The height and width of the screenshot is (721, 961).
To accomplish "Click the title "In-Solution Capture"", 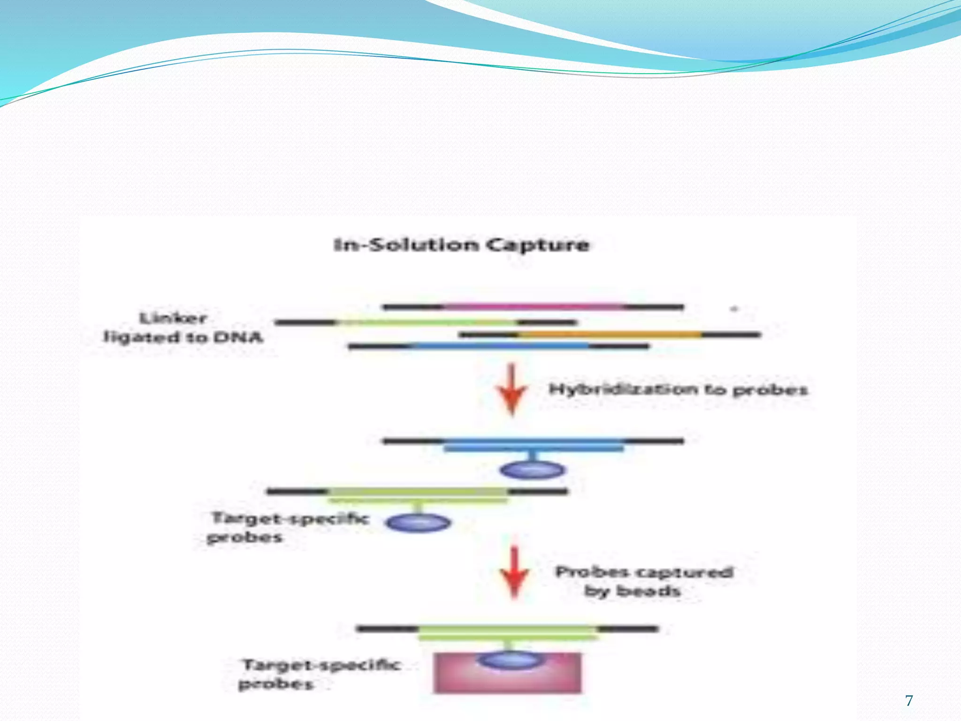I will [461, 245].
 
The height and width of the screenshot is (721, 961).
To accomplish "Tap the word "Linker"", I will [174, 318].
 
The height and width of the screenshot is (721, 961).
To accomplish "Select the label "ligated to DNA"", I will [183, 337].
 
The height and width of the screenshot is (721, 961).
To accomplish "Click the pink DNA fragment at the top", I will [533, 307].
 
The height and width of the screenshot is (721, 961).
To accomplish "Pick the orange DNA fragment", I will [610, 335].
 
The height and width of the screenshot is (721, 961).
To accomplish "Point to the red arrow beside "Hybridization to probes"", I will [512, 390].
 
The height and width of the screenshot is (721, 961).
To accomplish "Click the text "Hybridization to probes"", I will [678, 390].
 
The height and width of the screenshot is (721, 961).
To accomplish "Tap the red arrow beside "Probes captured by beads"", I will [514, 573].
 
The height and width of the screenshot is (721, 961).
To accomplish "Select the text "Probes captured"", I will [644, 572].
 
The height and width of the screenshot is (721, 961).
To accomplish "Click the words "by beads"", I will [632, 591].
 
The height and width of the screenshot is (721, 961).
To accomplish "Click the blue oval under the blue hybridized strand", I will [533, 470].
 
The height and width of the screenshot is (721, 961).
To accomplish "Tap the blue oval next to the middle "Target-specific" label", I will [418, 522].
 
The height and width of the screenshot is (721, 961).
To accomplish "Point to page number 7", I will [909, 700].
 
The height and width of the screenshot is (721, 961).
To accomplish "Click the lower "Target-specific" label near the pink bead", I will [321, 665].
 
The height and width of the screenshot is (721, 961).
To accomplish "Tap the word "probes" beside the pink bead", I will [275, 684].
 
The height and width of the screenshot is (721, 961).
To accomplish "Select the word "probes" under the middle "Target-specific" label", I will [244, 537].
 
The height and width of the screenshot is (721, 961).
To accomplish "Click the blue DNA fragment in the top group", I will [500, 346].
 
